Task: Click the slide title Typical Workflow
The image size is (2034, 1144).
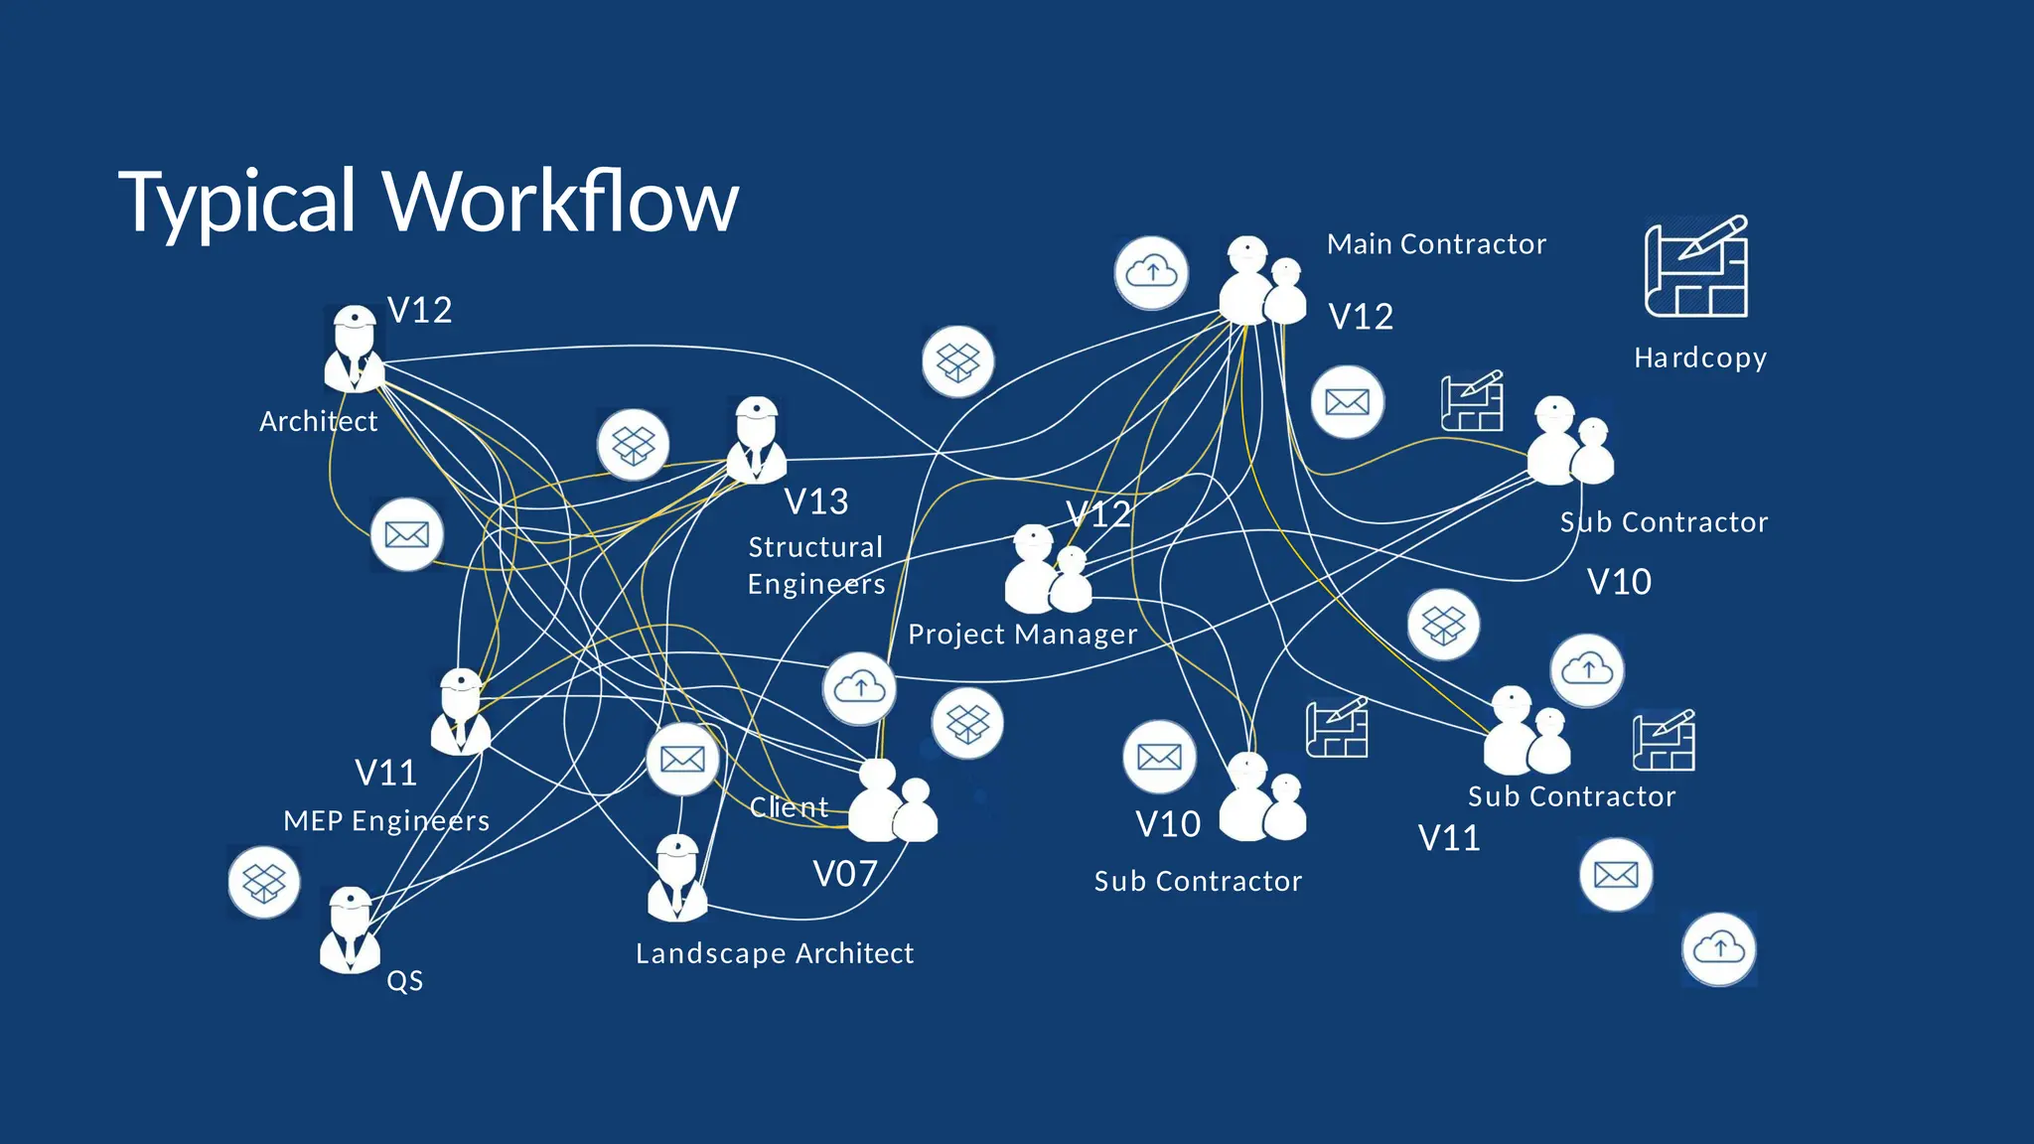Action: (x=428, y=202)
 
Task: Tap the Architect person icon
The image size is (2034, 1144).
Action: (x=354, y=349)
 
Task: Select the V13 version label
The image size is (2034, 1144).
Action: (x=816, y=501)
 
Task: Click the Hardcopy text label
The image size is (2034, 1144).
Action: (x=1700, y=357)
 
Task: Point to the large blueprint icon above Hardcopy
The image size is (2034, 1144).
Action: (x=1696, y=267)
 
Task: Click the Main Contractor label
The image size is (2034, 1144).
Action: (x=1436, y=244)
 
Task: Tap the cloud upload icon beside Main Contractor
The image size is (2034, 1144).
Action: (x=1151, y=272)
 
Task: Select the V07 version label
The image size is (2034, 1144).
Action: (x=845, y=874)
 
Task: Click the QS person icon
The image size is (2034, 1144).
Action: (x=350, y=930)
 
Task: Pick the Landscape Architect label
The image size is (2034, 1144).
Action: (x=774, y=953)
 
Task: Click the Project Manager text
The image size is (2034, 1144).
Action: (x=1022, y=635)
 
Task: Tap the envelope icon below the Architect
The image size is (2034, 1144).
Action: (x=406, y=534)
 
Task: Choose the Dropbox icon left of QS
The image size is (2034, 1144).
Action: (x=263, y=882)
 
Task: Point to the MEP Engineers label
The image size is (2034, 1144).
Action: (x=386, y=821)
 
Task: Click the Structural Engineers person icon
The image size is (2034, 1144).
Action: (x=757, y=441)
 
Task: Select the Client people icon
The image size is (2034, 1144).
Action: (x=891, y=800)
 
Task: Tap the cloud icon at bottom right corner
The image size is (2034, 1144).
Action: (x=1718, y=948)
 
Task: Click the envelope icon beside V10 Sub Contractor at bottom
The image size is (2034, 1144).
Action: (x=1159, y=757)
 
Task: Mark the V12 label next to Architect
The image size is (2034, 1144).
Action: (x=419, y=311)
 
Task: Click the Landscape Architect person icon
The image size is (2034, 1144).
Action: (x=677, y=878)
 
